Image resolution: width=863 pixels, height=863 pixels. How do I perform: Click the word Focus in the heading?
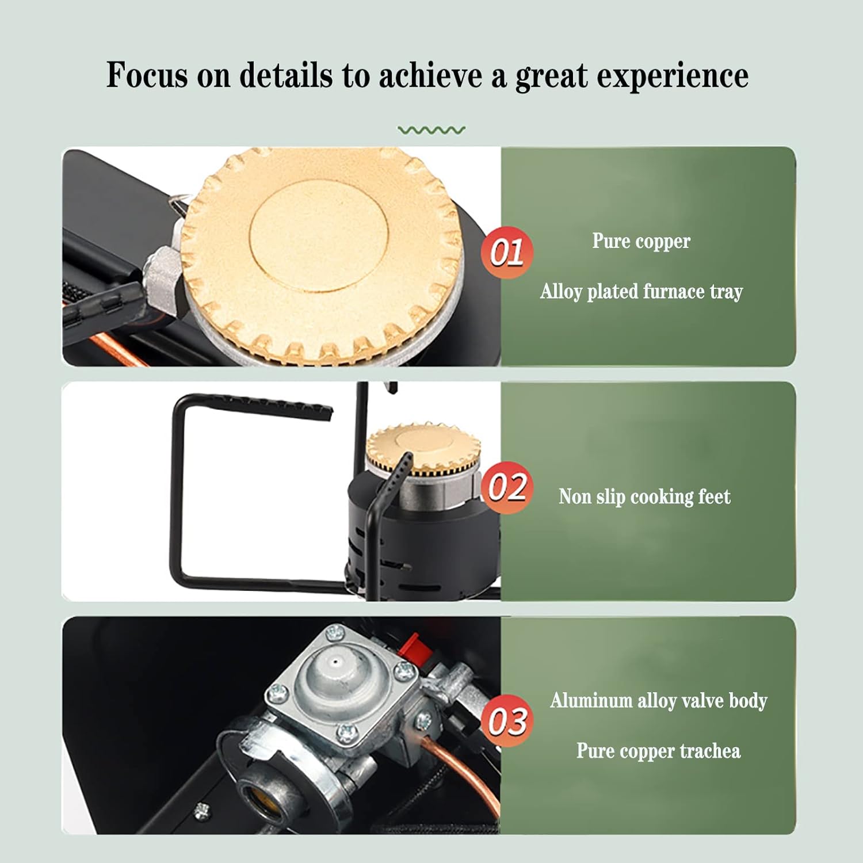(147, 75)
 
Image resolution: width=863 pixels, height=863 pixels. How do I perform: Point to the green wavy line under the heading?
(431, 131)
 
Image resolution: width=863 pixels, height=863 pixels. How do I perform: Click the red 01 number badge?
(507, 252)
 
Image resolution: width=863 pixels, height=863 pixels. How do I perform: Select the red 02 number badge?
(507, 487)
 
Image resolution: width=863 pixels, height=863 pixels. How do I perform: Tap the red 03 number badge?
(507, 720)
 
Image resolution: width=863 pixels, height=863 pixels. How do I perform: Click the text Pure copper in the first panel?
(641, 241)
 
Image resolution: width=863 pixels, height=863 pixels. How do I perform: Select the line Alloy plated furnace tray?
(641, 291)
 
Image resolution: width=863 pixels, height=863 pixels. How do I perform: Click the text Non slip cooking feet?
(644, 496)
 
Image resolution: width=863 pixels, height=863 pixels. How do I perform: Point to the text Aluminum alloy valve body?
(658, 700)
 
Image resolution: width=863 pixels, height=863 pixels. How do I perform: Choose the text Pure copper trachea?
(658, 751)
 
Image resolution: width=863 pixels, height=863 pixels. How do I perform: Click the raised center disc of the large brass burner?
(319, 237)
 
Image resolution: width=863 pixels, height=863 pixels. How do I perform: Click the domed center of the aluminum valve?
(335, 667)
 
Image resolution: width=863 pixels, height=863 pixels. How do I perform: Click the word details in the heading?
(286, 75)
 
